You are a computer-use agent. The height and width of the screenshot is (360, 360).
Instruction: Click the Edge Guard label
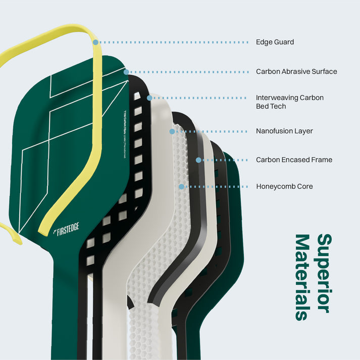click(x=275, y=42)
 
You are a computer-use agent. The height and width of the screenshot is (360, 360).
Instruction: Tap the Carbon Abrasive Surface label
click(x=296, y=72)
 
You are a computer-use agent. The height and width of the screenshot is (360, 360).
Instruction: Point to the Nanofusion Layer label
click(x=284, y=131)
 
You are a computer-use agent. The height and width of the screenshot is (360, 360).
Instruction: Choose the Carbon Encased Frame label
click(x=294, y=160)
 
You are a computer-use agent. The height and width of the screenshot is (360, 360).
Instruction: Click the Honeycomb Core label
click(x=284, y=187)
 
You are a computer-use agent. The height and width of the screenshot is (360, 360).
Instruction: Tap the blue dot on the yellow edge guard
click(x=95, y=42)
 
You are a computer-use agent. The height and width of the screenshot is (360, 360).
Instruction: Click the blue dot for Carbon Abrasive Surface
click(x=126, y=72)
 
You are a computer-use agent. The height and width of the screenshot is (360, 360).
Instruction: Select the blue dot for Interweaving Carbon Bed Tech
click(x=149, y=97)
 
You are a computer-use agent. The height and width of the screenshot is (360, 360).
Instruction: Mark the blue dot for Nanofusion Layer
click(x=172, y=131)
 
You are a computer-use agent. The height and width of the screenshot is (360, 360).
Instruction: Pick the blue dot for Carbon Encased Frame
click(x=198, y=160)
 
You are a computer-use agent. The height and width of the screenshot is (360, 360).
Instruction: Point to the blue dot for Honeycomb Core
click(x=181, y=187)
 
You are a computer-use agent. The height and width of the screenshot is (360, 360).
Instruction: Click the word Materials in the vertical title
click(x=302, y=277)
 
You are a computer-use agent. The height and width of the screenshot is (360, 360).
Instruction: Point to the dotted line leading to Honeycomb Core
click(x=217, y=187)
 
